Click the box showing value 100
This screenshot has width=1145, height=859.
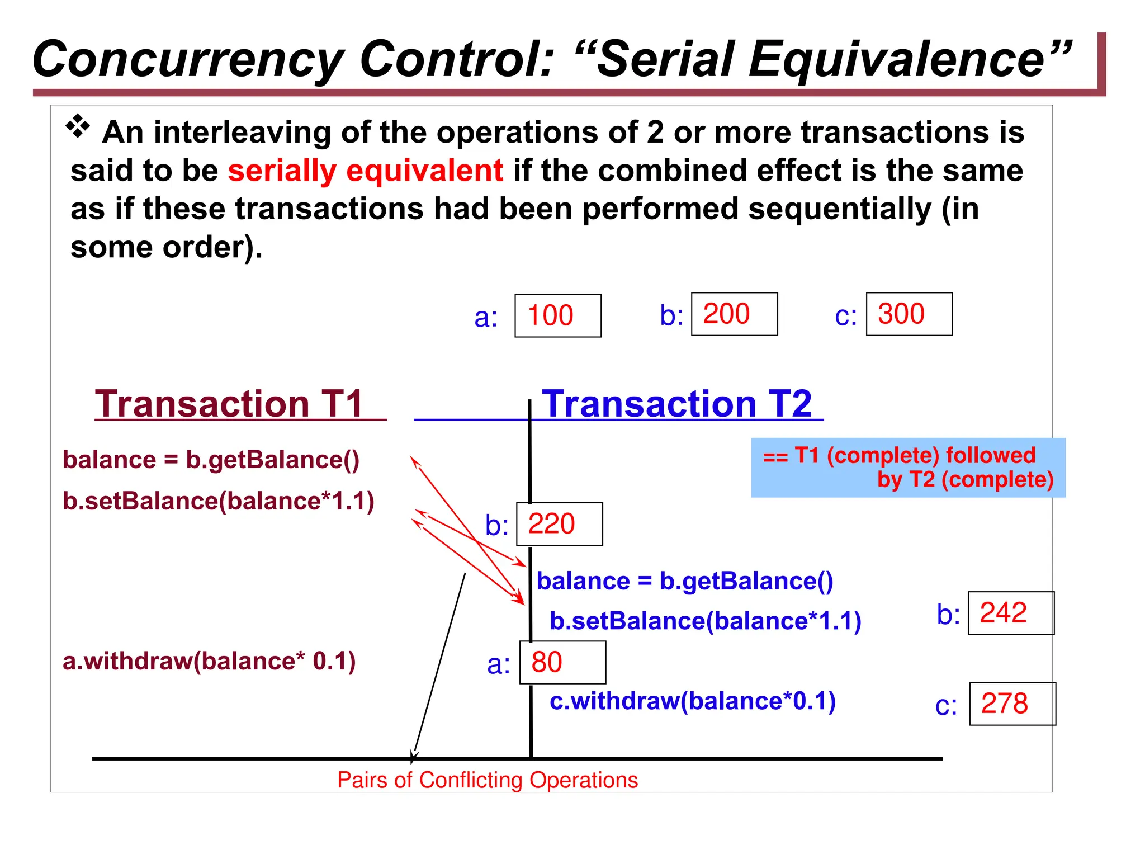pyautogui.click(x=557, y=315)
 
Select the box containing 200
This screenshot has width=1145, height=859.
pyautogui.click(x=734, y=314)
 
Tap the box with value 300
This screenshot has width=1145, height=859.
pyautogui.click(x=909, y=314)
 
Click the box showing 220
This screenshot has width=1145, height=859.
pyautogui.click(x=559, y=524)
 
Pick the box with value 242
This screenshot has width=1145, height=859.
pyautogui.click(x=1010, y=613)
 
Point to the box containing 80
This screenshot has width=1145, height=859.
pyautogui.click(x=562, y=662)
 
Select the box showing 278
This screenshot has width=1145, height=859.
pyautogui.click(x=1012, y=704)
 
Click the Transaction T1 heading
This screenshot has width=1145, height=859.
pyautogui.click(x=230, y=403)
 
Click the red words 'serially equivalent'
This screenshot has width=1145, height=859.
pyautogui.click(x=365, y=171)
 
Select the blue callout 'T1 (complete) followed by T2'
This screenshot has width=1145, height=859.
pyautogui.click(x=907, y=468)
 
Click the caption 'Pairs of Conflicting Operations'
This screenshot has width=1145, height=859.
pyautogui.click(x=487, y=780)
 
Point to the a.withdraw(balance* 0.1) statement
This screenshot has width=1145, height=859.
pyautogui.click(x=209, y=661)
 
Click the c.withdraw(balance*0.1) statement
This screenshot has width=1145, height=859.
pyautogui.click(x=692, y=701)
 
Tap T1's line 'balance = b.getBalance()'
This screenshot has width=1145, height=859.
pyautogui.click(x=211, y=460)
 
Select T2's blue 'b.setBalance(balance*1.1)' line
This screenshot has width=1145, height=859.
pyautogui.click(x=705, y=621)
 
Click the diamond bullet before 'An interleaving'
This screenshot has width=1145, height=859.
pyautogui.click(x=78, y=126)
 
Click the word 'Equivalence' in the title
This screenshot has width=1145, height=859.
pyautogui.click(x=909, y=59)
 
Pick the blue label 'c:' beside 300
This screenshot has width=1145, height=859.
pyautogui.click(x=845, y=316)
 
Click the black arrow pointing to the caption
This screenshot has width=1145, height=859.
pyautogui.click(x=439, y=666)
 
